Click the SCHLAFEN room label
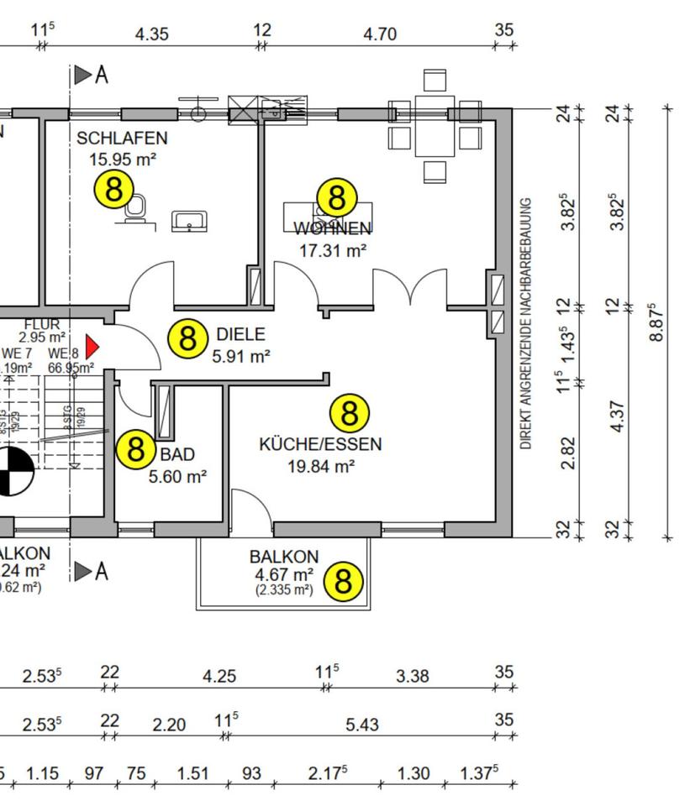122,138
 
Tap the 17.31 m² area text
333,249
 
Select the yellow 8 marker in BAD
135,450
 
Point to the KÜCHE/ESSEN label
320,444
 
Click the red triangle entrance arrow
92,346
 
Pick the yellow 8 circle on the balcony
343,581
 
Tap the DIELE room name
240,333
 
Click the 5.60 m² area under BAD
177,477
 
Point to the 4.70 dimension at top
379,34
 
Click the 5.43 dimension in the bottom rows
362,725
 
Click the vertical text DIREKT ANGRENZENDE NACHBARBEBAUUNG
527,323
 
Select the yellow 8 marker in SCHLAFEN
113,189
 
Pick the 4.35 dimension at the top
152,34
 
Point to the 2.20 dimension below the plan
169,725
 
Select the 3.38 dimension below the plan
413,676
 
